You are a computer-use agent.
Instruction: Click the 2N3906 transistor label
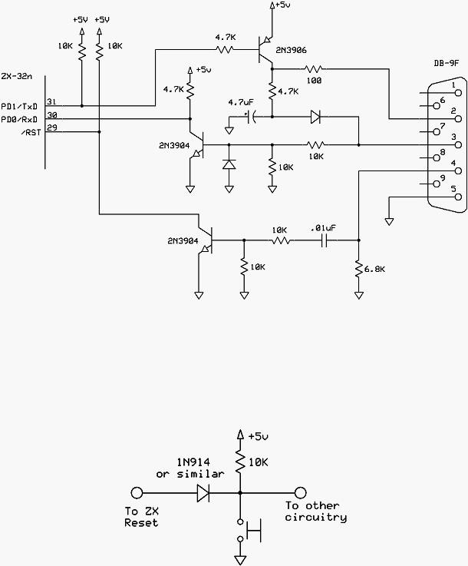291,51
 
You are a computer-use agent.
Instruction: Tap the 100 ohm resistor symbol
314,68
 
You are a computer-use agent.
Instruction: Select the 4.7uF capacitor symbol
252,117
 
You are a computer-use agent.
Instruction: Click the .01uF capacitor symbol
324,240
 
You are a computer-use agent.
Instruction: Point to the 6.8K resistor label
374,269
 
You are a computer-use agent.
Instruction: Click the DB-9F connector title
446,63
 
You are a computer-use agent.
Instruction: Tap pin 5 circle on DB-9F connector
459,197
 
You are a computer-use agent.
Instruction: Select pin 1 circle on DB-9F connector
459,93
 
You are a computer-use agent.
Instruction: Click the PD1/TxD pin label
19,107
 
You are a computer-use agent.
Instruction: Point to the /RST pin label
30,133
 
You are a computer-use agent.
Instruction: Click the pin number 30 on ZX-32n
52,115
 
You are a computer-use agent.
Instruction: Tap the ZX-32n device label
16,77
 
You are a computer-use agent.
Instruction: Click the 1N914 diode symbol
203,492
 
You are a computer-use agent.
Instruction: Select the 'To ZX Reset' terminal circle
137,492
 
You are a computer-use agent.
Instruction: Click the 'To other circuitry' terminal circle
300,492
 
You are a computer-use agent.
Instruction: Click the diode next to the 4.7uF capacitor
315,117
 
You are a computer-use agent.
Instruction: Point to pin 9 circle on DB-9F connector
437,184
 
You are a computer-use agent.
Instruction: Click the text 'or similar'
190,474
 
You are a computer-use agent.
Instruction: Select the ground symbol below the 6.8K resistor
359,296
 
